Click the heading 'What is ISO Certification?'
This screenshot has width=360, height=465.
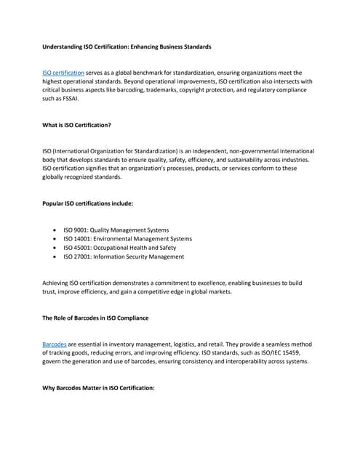click(x=77, y=125)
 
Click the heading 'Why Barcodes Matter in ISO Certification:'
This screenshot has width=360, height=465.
click(x=99, y=387)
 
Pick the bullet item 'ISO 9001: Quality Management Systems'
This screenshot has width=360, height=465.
click(x=116, y=230)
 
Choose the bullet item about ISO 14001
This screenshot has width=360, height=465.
click(x=127, y=239)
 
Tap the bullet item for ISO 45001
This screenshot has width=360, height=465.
click(x=119, y=248)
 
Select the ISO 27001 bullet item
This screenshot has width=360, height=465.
click(x=124, y=256)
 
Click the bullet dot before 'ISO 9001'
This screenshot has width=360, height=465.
click(x=56, y=230)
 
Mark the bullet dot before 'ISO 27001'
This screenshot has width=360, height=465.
click(x=56, y=256)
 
